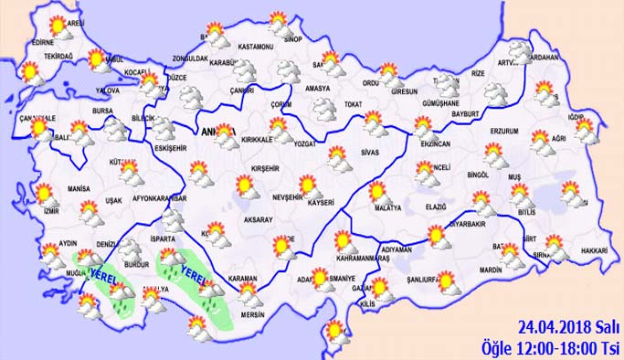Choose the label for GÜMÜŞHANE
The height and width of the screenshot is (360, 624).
pos(442,104)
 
